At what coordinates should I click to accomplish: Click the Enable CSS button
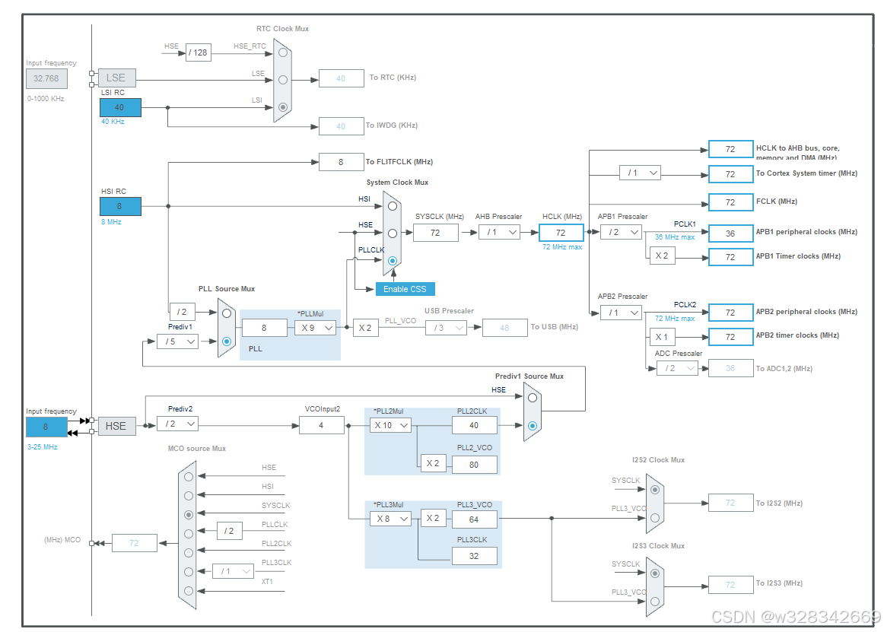(405, 289)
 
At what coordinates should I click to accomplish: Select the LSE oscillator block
(116, 78)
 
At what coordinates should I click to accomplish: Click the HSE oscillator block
(116, 426)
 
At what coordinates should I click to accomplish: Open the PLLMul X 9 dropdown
(315, 327)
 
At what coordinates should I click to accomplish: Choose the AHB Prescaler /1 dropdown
(499, 233)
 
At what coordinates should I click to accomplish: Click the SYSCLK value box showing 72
(436, 233)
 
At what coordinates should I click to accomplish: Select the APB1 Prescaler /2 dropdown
(621, 233)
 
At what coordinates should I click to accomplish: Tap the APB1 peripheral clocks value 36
(730, 233)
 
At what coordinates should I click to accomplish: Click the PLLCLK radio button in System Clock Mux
(392, 261)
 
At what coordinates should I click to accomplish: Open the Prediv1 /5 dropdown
(177, 341)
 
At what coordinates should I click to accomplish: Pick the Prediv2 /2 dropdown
(177, 424)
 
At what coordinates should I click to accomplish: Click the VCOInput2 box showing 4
(321, 425)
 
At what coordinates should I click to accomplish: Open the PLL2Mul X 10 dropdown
(390, 425)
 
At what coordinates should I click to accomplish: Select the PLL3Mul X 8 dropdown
(390, 519)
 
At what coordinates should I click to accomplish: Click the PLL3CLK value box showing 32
(475, 556)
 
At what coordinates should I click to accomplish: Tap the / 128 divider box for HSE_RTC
(198, 52)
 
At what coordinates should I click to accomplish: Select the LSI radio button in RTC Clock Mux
(283, 107)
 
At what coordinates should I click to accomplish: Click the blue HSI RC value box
(120, 206)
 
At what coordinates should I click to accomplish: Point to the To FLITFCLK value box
(341, 162)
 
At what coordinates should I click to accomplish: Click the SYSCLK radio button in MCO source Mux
(188, 515)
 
